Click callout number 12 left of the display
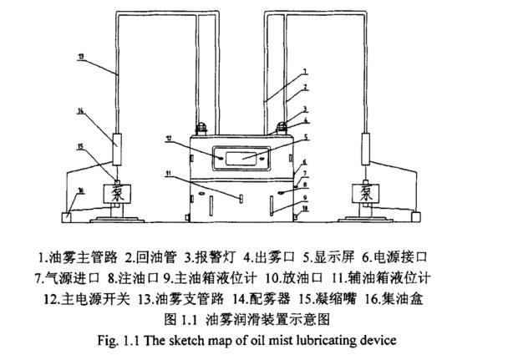(x=192, y=139)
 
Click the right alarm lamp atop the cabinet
(x=283, y=127)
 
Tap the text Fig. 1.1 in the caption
(x=132, y=340)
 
